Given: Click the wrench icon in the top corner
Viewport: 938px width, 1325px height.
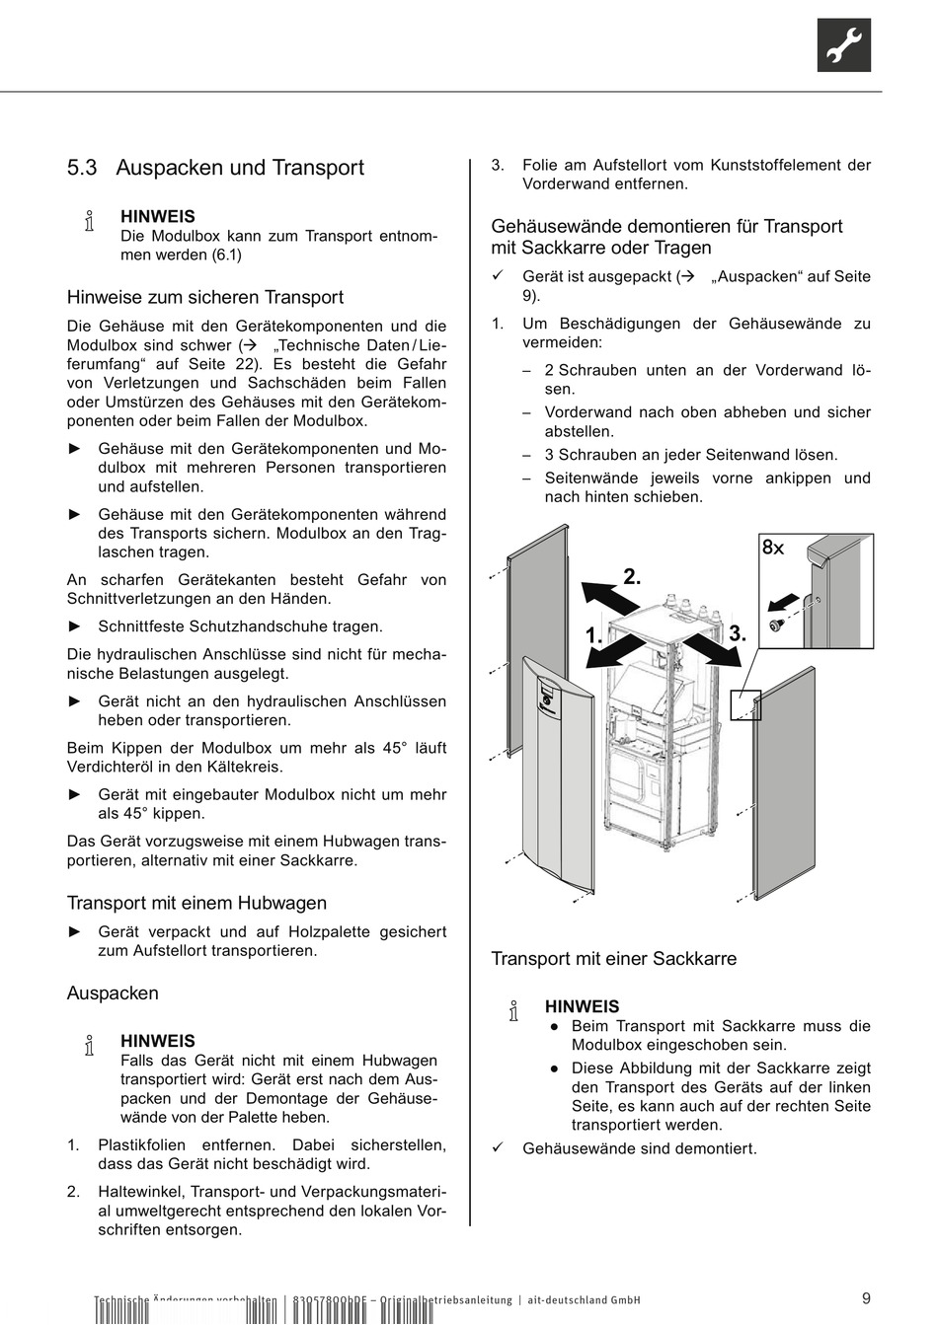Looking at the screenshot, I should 843,45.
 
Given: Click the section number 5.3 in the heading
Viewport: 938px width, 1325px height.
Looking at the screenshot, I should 82,169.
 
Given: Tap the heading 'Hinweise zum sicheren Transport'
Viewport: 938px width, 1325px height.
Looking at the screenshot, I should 205,298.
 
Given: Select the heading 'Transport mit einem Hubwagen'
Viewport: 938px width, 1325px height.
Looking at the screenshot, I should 196,904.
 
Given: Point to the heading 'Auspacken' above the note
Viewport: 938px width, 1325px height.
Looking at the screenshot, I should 113,994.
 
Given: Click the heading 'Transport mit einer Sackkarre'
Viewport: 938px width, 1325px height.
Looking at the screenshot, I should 614,959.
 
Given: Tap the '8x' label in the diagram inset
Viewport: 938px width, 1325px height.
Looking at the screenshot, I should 772,548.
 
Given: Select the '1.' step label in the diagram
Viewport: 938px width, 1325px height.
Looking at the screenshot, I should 593,637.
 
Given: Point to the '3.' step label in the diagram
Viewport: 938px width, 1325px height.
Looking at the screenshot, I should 737,634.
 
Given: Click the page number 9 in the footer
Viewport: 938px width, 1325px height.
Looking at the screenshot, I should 865,1298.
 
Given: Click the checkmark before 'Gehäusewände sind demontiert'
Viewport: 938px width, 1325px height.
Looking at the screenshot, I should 499,1148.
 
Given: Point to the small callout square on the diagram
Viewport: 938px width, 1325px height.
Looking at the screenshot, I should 745,704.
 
